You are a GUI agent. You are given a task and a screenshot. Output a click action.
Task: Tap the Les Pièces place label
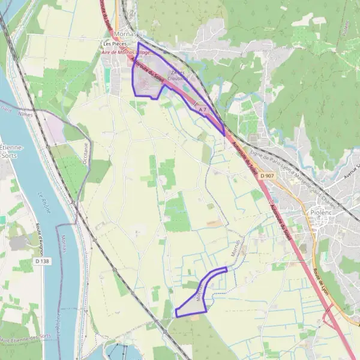click(x=115, y=44)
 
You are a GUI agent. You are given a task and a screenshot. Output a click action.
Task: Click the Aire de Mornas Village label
click(x=125, y=52)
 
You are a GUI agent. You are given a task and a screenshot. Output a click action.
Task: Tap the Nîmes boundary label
click(x=26, y=113)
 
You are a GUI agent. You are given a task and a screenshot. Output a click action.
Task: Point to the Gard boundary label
click(x=6, y=109)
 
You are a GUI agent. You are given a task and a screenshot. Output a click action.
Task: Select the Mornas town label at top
click(x=124, y=34)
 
